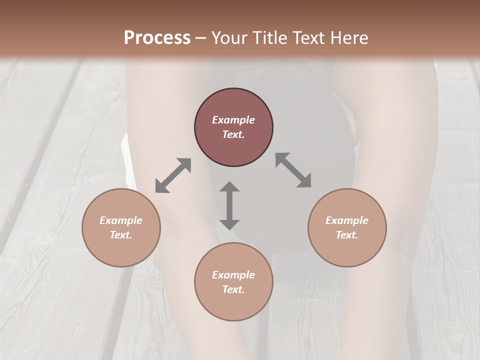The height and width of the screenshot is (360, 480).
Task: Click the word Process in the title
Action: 157,38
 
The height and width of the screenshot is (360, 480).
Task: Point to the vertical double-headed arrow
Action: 229,205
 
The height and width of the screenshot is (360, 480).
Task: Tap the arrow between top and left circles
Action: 173,175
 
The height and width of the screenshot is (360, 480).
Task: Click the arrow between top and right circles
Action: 293,170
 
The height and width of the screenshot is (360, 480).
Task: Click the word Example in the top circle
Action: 233,120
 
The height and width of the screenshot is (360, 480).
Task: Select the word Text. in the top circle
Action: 233,134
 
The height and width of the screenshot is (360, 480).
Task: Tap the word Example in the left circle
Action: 121,220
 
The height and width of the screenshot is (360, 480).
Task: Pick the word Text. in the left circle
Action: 121,235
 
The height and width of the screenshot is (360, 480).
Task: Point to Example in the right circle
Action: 347,220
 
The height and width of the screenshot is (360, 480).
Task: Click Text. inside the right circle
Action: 347,235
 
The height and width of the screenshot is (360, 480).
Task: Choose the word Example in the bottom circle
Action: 233,275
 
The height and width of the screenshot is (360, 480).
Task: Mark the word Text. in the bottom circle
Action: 233,289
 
